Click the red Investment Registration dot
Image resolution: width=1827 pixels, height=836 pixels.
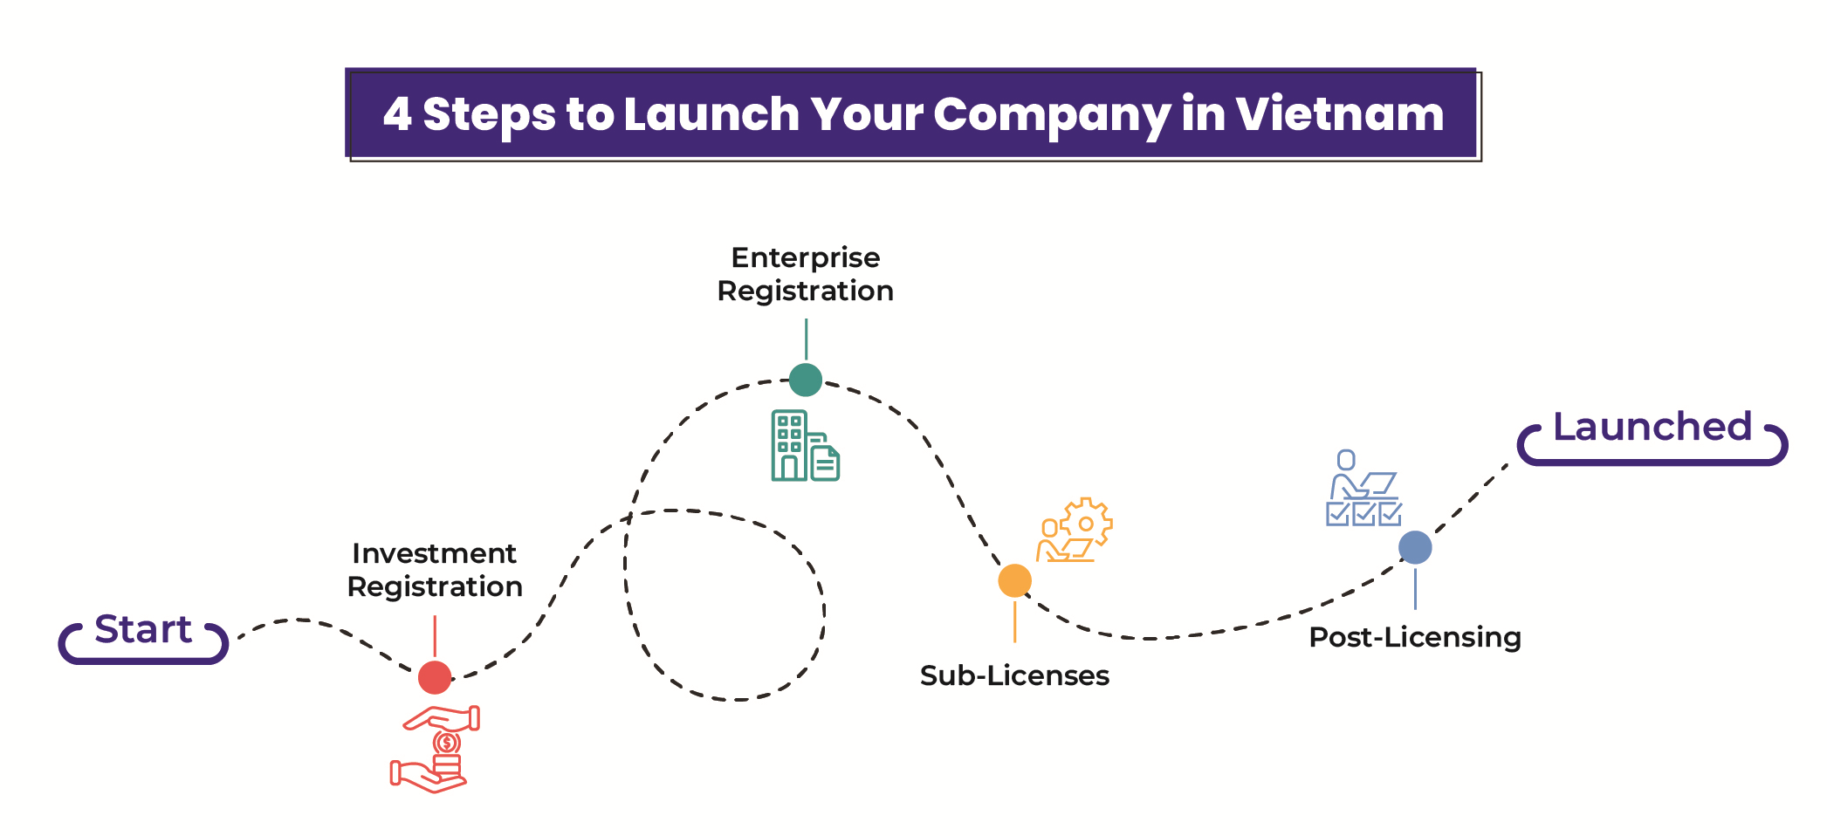click(435, 677)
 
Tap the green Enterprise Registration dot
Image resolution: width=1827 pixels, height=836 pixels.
click(805, 380)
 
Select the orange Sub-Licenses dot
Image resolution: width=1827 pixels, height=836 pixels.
click(1014, 580)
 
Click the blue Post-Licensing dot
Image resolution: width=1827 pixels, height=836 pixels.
click(1415, 547)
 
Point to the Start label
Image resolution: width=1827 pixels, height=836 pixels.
click(143, 630)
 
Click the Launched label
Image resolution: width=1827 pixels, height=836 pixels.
click(1652, 428)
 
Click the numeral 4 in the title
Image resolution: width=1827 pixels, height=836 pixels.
click(397, 114)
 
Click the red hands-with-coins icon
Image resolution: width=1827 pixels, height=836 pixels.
click(435, 749)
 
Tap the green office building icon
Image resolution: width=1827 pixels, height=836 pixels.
click(789, 445)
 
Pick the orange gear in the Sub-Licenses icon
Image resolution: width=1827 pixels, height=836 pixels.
click(1087, 523)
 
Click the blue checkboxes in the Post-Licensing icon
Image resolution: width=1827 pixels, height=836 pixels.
click(1363, 513)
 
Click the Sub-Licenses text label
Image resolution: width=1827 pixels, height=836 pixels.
click(1014, 675)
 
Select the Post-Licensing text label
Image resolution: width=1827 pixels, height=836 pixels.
click(1415, 637)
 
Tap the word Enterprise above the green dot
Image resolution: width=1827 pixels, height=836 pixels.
click(805, 257)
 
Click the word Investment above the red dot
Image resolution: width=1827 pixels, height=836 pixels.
click(434, 553)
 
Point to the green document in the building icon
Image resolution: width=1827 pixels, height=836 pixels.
click(825, 463)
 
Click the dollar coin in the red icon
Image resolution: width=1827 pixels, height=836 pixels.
click(447, 743)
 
